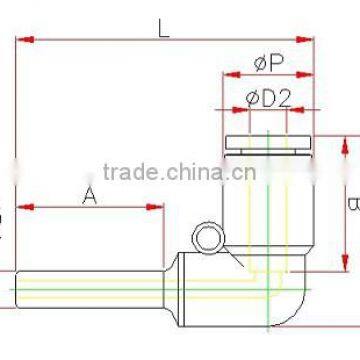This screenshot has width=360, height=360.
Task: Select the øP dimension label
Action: pyautogui.click(x=266, y=64)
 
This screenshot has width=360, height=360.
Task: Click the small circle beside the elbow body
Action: pyautogui.click(x=208, y=237)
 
